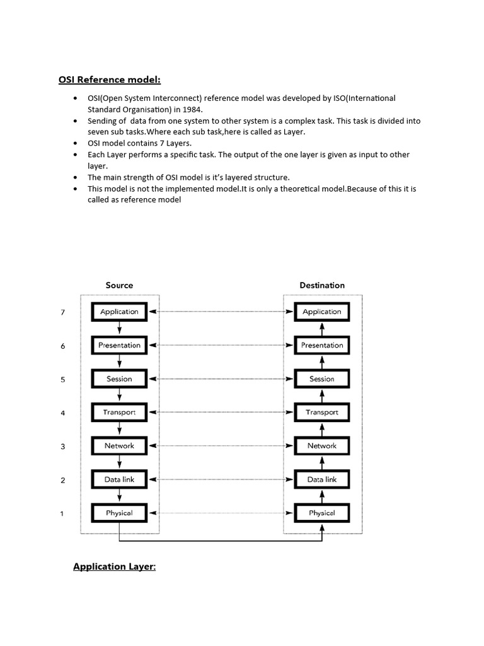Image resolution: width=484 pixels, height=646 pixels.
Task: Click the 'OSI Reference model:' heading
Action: [110, 80]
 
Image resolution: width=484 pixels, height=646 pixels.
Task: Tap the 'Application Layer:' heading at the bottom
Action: [114, 567]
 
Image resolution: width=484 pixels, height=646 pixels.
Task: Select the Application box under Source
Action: [119, 312]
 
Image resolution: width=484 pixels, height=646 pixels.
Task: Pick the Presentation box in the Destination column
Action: [322, 345]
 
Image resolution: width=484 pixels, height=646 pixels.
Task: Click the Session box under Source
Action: [119, 379]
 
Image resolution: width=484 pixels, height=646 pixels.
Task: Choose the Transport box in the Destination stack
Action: [322, 412]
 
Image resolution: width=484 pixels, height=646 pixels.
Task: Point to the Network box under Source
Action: [119, 445]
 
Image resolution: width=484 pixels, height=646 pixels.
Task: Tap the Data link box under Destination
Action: [322, 479]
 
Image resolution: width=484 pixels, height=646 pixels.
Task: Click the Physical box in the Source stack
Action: [119, 513]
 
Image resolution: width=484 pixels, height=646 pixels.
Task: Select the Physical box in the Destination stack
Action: [322, 513]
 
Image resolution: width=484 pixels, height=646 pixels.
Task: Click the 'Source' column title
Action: [119, 285]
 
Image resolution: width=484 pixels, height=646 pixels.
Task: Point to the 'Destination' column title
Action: [322, 285]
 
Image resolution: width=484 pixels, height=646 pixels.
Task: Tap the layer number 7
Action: [62, 312]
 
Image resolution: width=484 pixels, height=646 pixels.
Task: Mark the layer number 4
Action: [62, 413]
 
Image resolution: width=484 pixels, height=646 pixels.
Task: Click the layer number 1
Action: [62, 514]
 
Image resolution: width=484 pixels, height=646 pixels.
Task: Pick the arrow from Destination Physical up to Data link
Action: [322, 496]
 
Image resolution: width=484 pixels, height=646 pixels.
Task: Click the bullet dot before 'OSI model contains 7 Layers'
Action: [76, 143]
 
